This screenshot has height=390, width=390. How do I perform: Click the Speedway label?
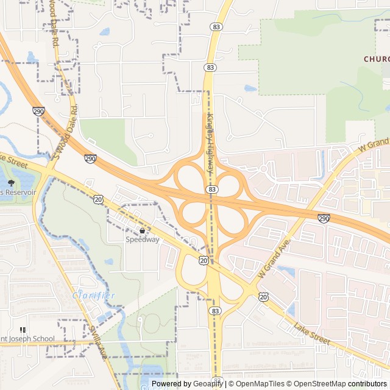(143, 239)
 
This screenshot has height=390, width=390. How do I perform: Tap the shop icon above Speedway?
(143, 231)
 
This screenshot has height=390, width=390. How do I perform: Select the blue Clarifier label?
(94, 296)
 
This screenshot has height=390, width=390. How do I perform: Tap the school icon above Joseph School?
(23, 330)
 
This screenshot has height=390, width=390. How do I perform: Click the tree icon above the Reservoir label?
(11, 182)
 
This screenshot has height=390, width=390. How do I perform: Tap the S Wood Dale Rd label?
(68, 130)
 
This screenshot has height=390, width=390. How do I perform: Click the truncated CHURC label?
(376, 59)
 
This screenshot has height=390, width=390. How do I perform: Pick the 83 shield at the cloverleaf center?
(211, 190)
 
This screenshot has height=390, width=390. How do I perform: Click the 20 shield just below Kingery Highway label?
(202, 260)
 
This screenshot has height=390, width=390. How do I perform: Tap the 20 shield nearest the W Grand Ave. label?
(263, 297)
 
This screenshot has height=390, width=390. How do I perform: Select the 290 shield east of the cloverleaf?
(324, 218)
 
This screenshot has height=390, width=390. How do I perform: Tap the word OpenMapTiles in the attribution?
(259, 384)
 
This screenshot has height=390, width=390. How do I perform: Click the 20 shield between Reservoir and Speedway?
(99, 199)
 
